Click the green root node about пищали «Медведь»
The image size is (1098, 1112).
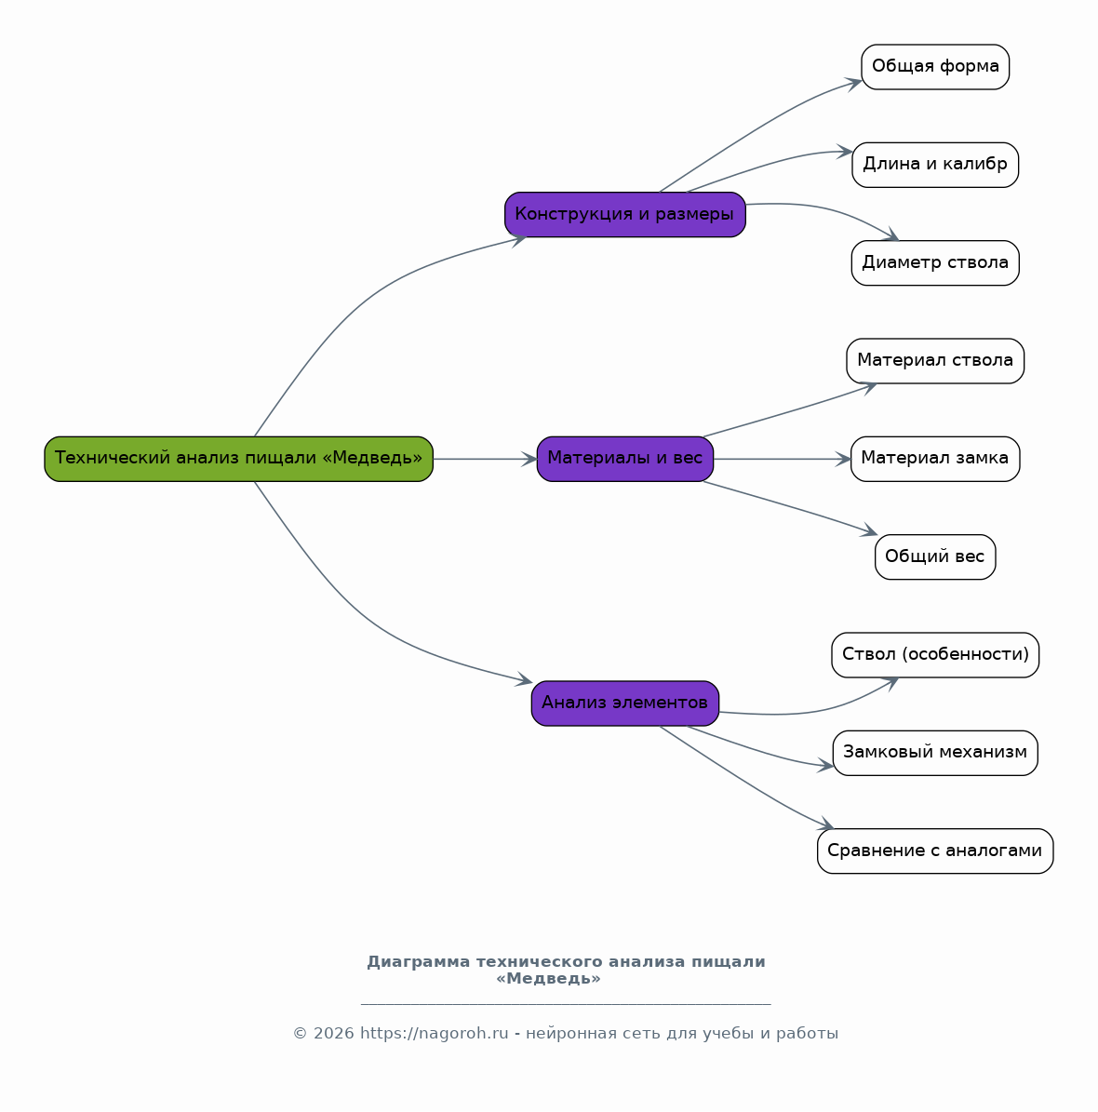(x=238, y=459)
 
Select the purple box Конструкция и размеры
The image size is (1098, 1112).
(x=625, y=214)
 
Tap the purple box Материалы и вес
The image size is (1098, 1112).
(x=625, y=459)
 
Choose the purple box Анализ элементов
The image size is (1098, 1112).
(x=625, y=703)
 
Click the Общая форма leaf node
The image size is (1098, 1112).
(x=935, y=67)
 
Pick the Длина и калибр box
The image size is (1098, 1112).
(x=935, y=165)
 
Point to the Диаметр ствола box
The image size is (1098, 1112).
(x=935, y=263)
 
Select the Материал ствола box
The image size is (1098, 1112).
(x=935, y=361)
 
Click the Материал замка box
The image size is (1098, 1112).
(x=935, y=459)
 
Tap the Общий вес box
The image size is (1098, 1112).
(x=935, y=556)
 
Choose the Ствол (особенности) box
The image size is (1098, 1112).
(x=935, y=654)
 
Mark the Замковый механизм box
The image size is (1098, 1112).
(x=935, y=753)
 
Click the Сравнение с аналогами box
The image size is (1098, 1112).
(x=935, y=851)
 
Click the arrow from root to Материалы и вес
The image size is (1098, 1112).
(x=485, y=459)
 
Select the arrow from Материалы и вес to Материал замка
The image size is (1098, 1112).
(x=783, y=459)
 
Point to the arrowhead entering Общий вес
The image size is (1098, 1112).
(x=870, y=531)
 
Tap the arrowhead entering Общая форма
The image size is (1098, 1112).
(x=853, y=84)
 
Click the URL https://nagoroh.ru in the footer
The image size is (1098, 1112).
(x=435, y=1033)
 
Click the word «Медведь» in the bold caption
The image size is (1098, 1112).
(x=548, y=979)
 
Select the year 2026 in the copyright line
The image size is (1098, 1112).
(x=333, y=1033)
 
